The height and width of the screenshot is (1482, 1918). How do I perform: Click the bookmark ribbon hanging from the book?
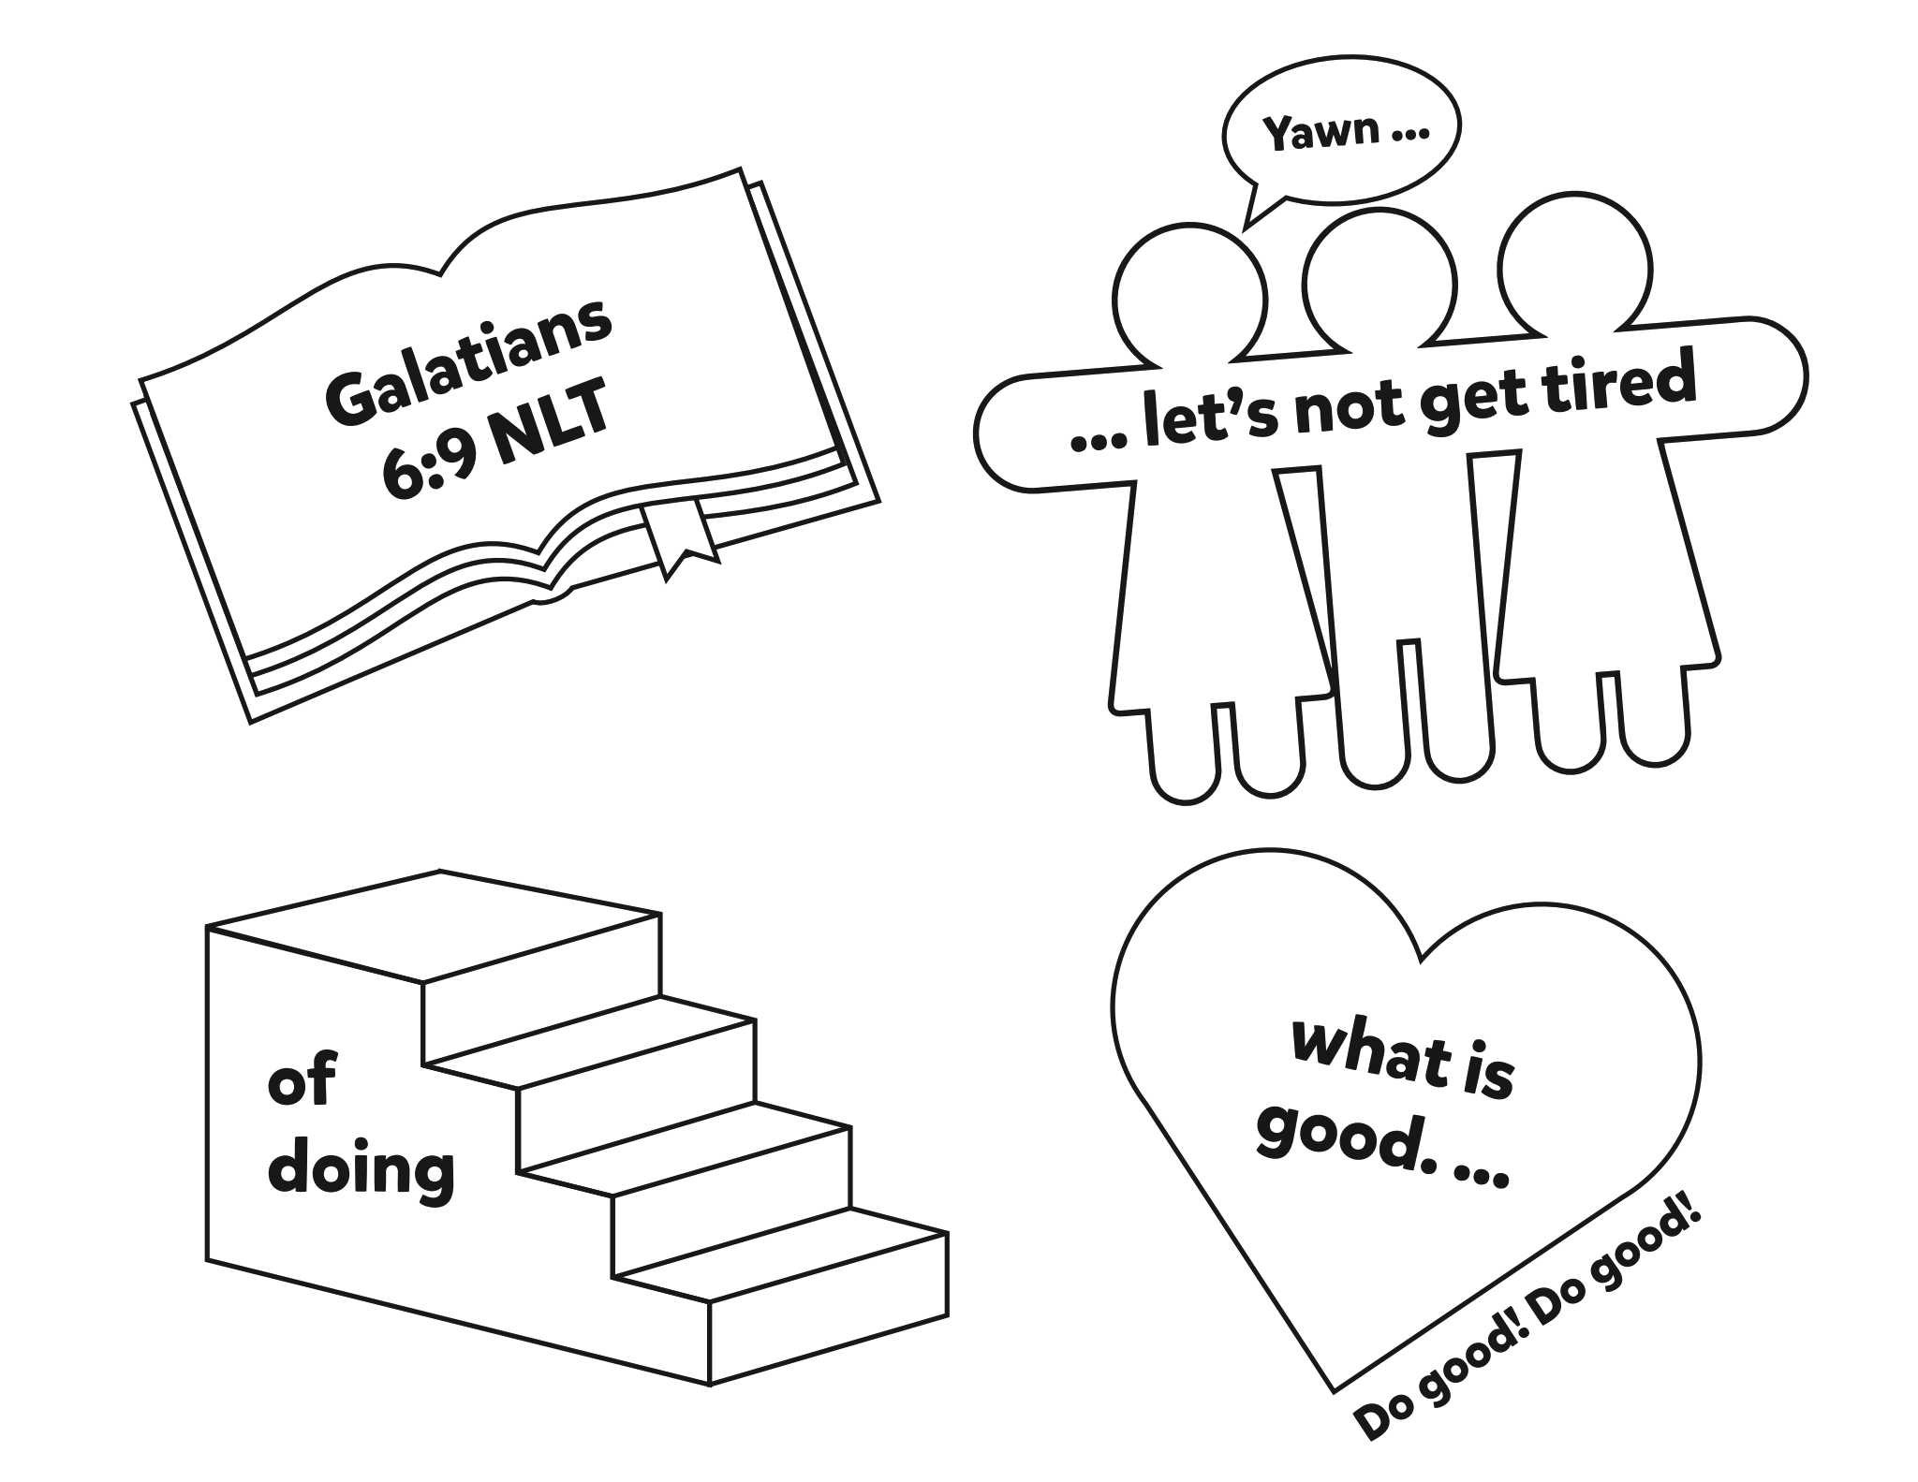[681, 540]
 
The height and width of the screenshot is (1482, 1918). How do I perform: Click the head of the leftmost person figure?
[1188, 299]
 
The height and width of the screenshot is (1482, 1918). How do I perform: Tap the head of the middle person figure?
[1379, 281]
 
